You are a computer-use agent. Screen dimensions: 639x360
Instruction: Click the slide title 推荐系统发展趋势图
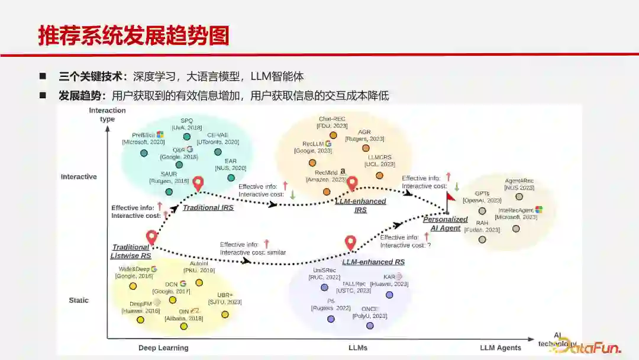pos(133,36)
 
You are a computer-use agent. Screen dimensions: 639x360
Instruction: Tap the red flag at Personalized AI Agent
pos(451,196)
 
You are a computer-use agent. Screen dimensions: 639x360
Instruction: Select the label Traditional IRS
pos(208,208)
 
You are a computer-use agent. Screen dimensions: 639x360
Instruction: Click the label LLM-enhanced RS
pos(373,262)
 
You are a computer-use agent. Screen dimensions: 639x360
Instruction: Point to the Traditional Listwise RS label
pos(131,252)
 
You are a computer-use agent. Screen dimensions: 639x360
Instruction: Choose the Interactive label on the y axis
pos(79,177)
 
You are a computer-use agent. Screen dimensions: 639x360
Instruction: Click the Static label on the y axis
pos(79,300)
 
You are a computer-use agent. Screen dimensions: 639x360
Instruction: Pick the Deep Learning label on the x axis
pos(163,348)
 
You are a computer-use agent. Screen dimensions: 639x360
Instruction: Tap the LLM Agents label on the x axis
pos(501,348)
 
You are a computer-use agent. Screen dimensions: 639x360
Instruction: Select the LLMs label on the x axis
pos(358,348)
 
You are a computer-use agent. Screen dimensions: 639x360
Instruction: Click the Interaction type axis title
pos(107,114)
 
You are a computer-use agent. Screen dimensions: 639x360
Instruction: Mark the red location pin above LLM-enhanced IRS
pos(352,183)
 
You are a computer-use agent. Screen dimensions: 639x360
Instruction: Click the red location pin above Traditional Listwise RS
pos(151,237)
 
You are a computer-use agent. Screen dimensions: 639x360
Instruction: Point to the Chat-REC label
pos(333,119)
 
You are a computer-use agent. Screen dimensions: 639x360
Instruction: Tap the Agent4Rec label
pos(519,181)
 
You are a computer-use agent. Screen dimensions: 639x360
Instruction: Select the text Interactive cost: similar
pos(253,252)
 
